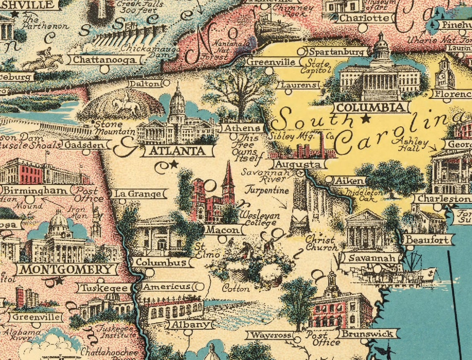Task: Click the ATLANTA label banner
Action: (x=177, y=151)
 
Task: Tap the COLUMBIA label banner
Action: (x=371, y=108)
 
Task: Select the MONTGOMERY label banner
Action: (x=67, y=269)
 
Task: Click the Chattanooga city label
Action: (x=104, y=60)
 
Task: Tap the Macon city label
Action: (x=222, y=230)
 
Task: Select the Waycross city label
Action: (x=271, y=335)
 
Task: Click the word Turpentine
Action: (x=266, y=191)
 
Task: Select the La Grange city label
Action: (x=138, y=193)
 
